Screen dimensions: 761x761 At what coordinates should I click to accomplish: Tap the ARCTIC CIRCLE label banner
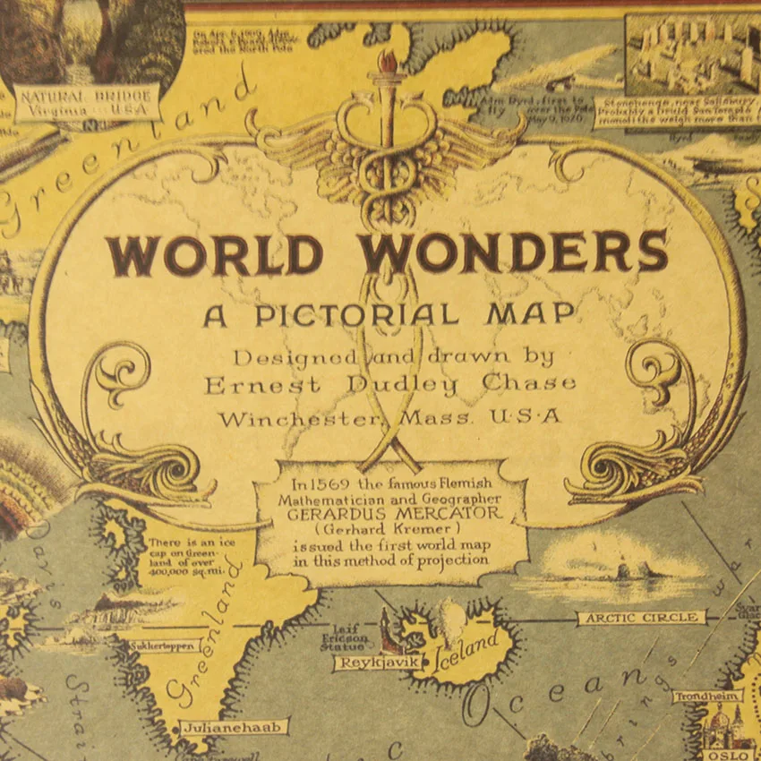click(x=640, y=618)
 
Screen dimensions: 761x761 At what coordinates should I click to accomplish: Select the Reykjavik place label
click(x=365, y=663)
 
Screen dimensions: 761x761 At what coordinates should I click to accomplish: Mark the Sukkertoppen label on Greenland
click(x=159, y=645)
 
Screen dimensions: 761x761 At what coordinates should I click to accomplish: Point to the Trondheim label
click(x=706, y=696)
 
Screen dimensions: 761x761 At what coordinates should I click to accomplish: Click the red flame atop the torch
click(x=388, y=62)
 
